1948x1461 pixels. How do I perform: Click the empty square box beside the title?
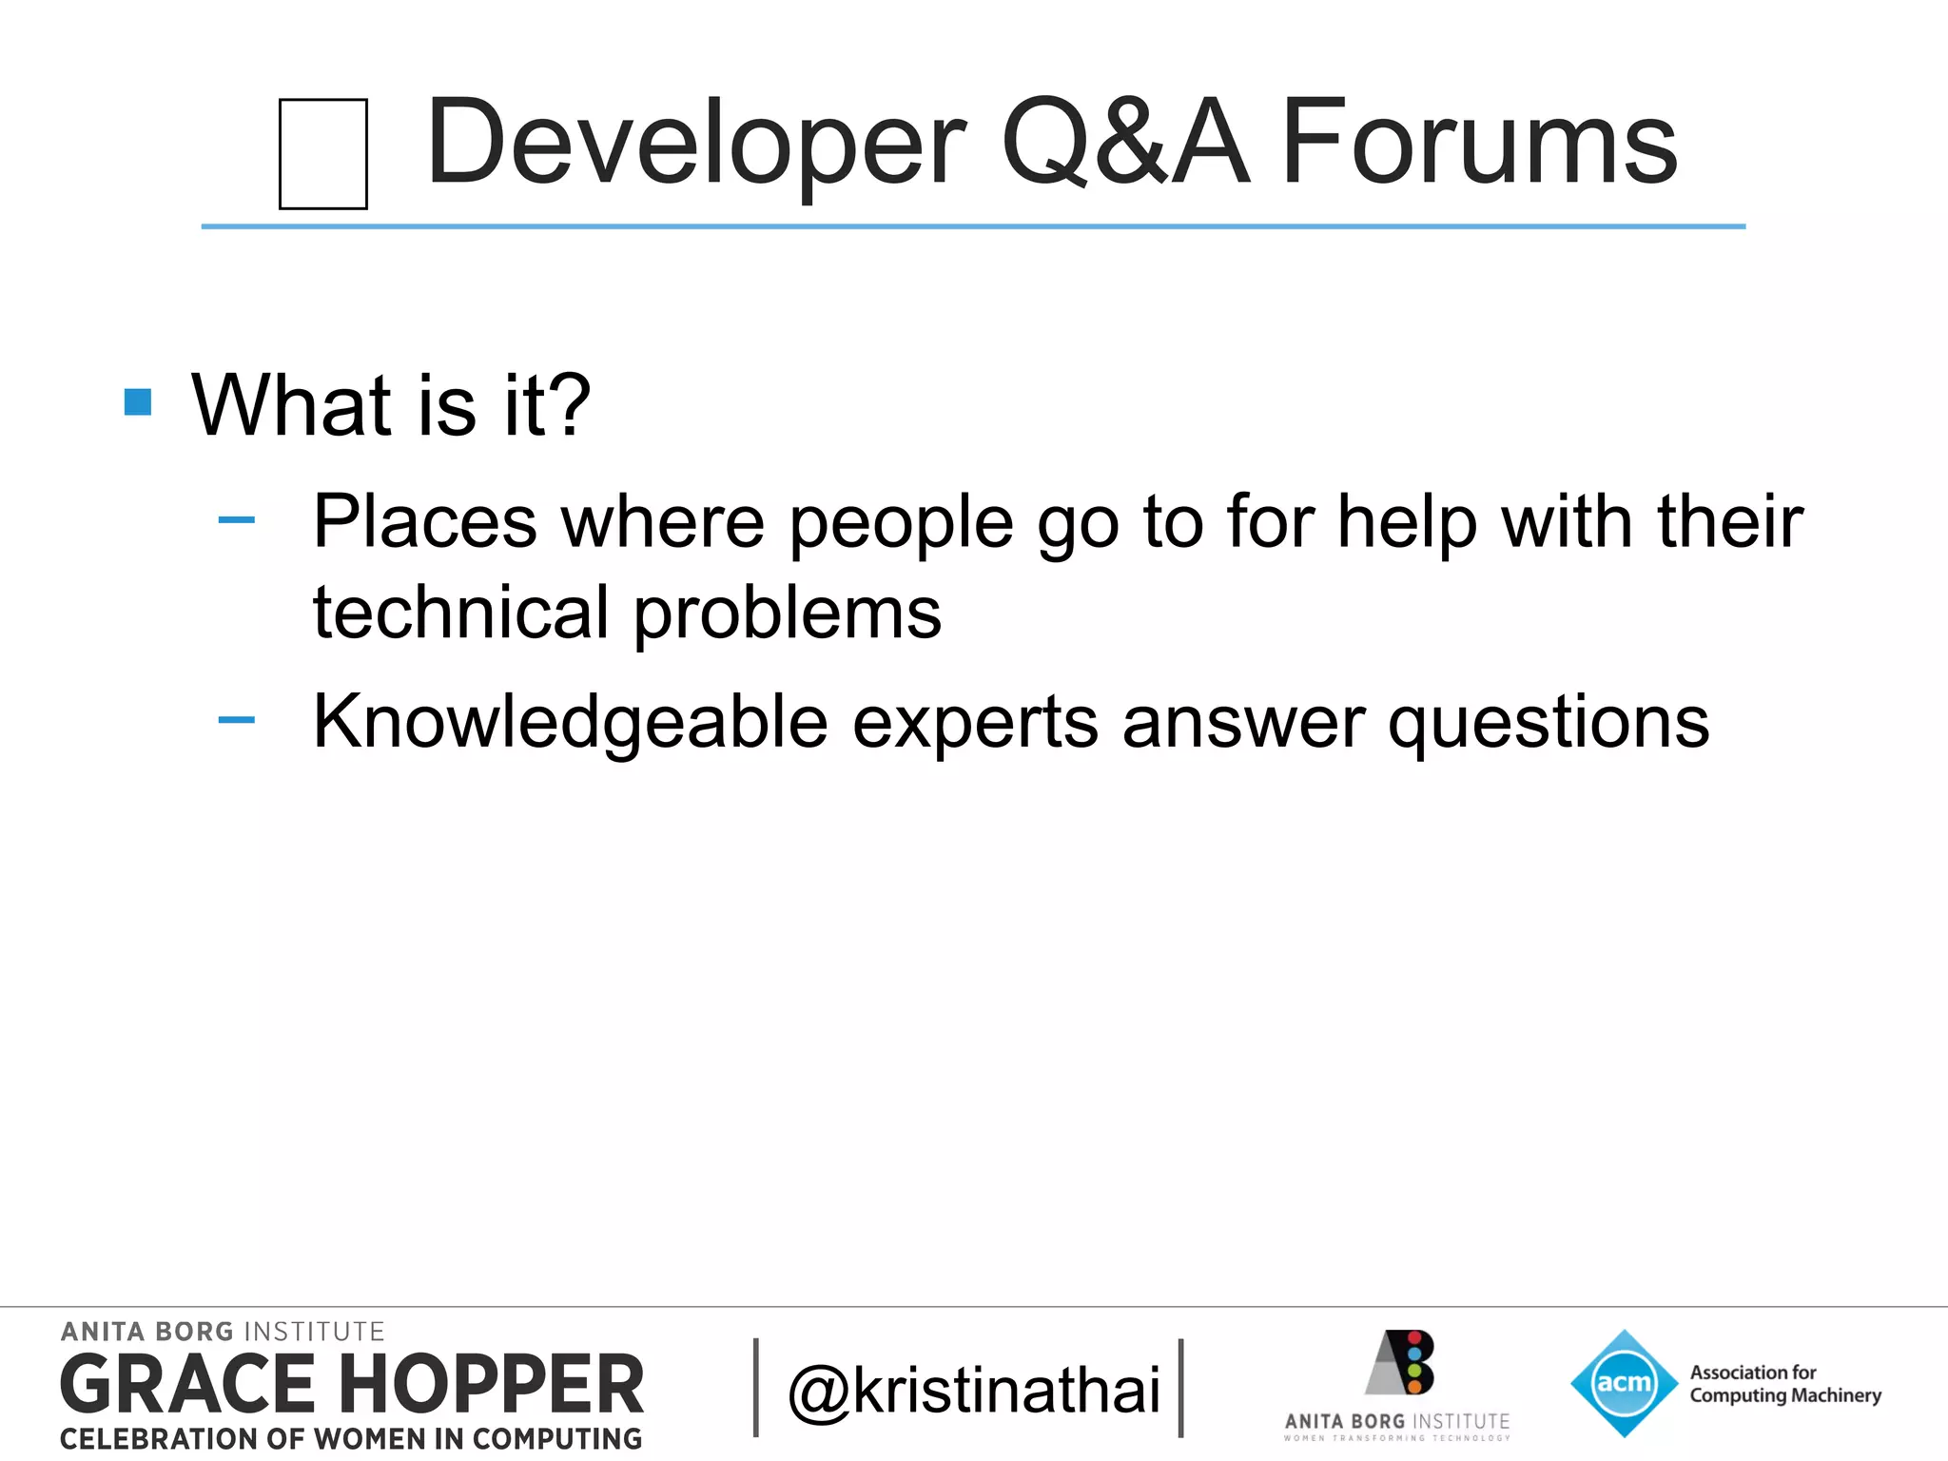pos(323,154)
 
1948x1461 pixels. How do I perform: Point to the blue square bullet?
pos(138,402)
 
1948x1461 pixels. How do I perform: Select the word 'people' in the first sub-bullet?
pos(901,523)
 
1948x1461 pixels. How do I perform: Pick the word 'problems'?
pos(788,614)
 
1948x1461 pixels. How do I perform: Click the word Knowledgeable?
pos(571,722)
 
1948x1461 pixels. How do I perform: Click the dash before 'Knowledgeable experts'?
pos(236,720)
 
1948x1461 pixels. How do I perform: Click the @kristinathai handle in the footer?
pos(974,1390)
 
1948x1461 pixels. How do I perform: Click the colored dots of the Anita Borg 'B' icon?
pos(1414,1362)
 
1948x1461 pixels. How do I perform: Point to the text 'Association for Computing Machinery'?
pos(1784,1384)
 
